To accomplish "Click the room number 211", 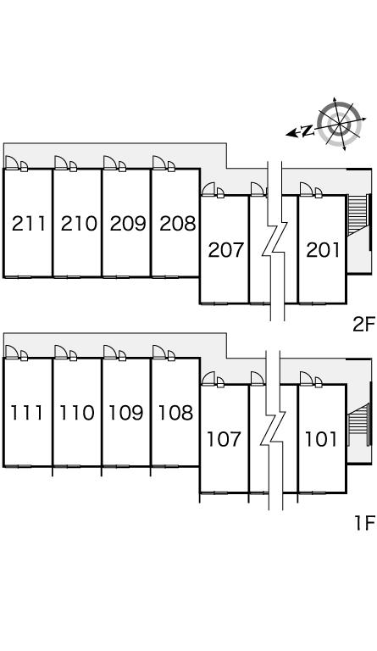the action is [29, 224].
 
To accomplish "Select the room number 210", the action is [79, 224].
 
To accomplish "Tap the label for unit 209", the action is [128, 224].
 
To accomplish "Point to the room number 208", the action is [178, 224].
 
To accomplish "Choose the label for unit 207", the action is [225, 250].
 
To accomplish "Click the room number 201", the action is [323, 250].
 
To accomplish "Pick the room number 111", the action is [26, 413].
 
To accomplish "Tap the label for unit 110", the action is [77, 413].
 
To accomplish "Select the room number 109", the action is [126, 413].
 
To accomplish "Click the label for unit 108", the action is [176, 413].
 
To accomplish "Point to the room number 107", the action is [224, 439].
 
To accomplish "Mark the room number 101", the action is [321, 439].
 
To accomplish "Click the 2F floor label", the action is [363, 325].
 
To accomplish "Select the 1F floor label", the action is [364, 523].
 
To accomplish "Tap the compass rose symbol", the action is [339, 124].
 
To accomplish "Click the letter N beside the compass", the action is [307, 131].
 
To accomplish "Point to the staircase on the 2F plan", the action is [358, 215].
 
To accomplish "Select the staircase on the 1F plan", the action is [358, 424].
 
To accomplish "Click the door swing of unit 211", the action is [12, 163].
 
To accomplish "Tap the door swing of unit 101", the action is [307, 379].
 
